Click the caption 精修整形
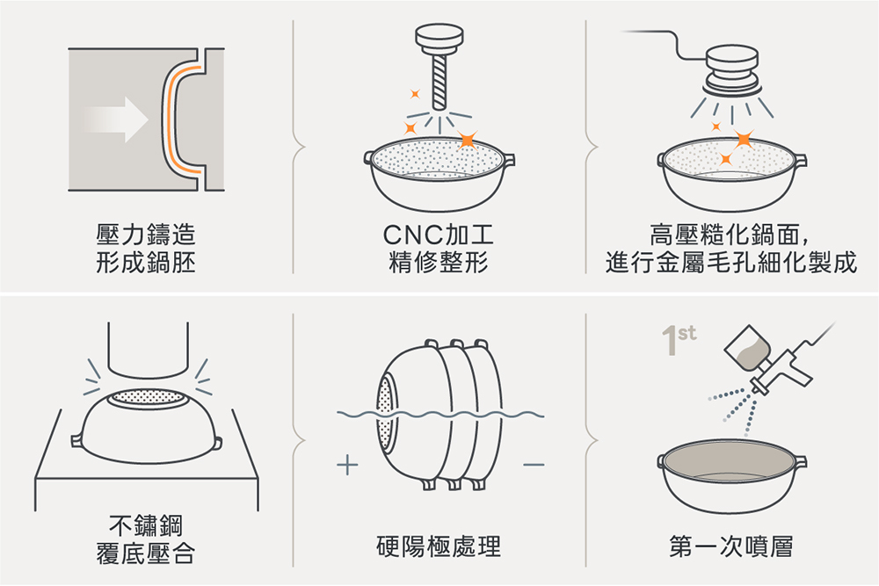coord(439,262)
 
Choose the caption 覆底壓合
coord(146,553)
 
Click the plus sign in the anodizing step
coord(348,464)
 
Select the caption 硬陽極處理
coord(439,546)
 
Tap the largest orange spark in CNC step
coord(467,139)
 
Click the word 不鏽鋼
coord(146,526)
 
